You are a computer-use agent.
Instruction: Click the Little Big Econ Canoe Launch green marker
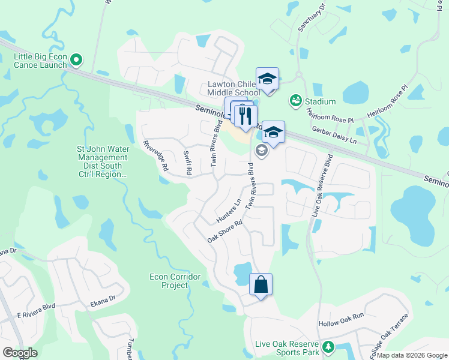(x=76, y=59)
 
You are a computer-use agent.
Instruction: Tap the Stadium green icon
(x=295, y=101)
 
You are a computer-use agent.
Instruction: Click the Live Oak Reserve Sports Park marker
(x=328, y=347)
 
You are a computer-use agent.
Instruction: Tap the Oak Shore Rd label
(x=224, y=231)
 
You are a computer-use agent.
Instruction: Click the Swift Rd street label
(x=187, y=163)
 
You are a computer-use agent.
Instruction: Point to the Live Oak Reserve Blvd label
(x=322, y=189)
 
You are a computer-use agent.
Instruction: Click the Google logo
(x=20, y=353)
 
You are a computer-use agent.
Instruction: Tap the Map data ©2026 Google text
(x=411, y=355)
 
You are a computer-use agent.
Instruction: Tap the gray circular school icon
(x=261, y=151)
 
